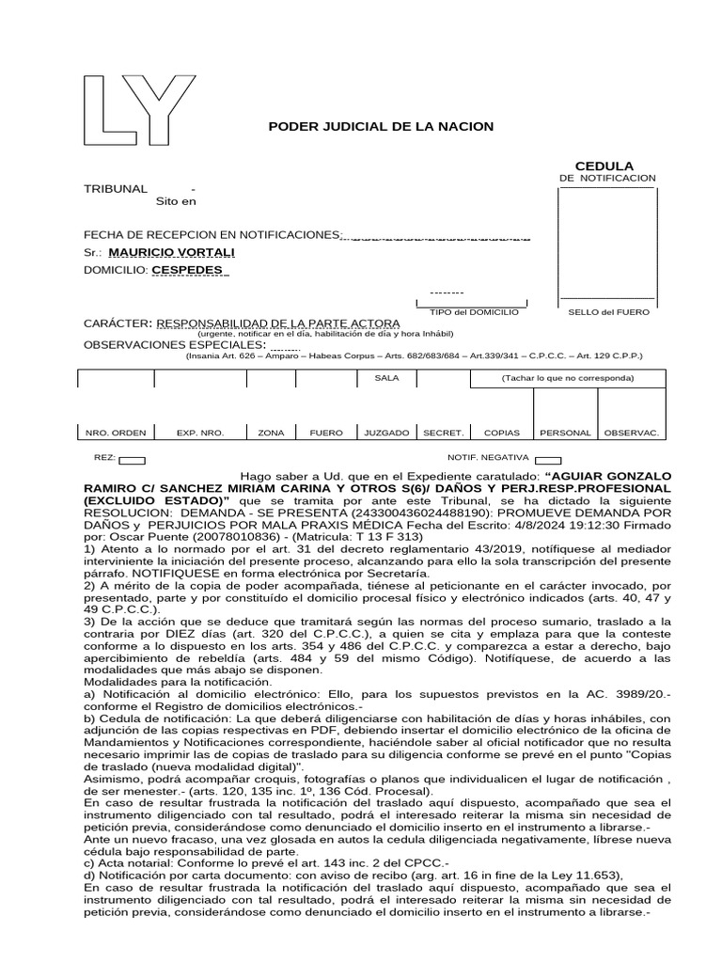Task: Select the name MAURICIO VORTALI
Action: [x=171, y=253]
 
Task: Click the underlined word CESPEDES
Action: [x=188, y=270]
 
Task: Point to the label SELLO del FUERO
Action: [x=609, y=311]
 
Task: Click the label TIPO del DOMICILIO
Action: [x=474, y=311]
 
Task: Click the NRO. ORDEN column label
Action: [x=116, y=434]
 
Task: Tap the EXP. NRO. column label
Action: [x=199, y=434]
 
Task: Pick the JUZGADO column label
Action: [x=386, y=434]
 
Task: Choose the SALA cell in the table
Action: [x=386, y=377]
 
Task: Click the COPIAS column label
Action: [x=501, y=434]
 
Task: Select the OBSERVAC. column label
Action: [x=631, y=434]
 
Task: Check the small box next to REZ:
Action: [x=133, y=460]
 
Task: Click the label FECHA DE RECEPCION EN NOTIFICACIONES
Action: [x=211, y=234]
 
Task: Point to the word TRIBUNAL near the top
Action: [x=116, y=189]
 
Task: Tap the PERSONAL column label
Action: [x=565, y=434]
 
